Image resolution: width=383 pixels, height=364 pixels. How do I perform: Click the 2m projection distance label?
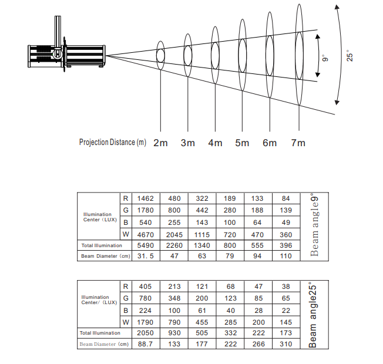point(160,143)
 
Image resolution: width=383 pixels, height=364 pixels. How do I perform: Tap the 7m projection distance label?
point(298,143)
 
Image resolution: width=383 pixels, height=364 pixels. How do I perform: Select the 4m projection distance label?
point(215,143)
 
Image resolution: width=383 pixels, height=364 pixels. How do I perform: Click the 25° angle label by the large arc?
point(351,56)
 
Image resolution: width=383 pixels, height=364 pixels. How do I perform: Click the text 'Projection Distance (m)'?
point(113,143)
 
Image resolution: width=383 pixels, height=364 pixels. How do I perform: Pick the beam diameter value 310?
point(285,344)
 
